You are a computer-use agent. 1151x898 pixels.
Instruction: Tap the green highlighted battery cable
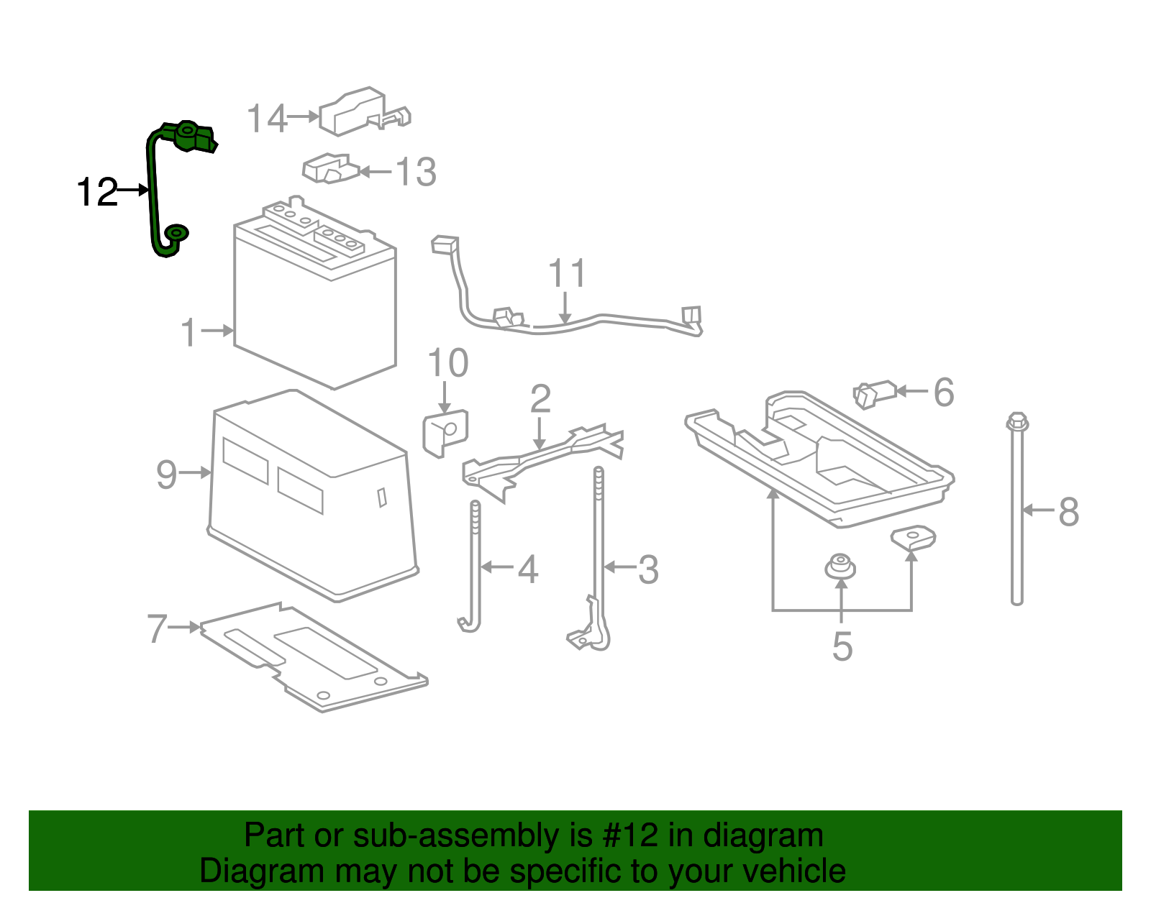[153, 194]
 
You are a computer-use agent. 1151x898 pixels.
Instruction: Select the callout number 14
[267, 119]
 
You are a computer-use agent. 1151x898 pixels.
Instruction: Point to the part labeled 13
[329, 169]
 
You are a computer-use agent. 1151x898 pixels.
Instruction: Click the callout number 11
[567, 274]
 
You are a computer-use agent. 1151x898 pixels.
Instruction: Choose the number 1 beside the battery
[188, 333]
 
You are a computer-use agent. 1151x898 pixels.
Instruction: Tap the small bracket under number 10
[445, 433]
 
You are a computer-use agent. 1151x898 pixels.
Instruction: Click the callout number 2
[540, 399]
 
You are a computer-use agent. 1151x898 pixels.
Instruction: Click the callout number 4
[528, 569]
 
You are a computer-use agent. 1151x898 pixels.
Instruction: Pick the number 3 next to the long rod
[648, 569]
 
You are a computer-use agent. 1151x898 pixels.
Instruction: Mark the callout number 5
[842, 646]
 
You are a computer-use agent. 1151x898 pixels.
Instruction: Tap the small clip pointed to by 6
[873, 394]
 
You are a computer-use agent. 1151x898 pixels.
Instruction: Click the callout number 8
[1068, 512]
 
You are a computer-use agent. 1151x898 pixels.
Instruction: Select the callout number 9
[166, 475]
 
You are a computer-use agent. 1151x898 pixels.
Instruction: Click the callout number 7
[157, 628]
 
